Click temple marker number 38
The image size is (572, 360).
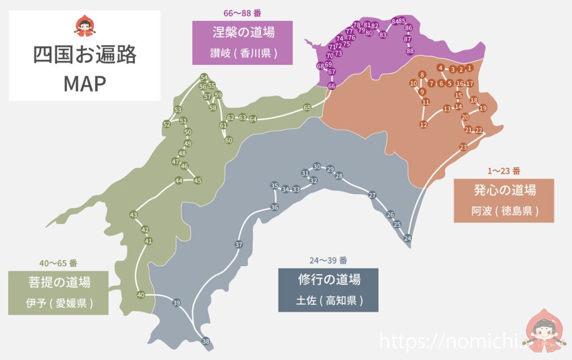(x=206, y=341)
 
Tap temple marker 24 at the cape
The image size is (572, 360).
(x=408, y=238)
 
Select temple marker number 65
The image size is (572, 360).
(x=307, y=108)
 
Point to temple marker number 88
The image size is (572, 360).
(x=410, y=51)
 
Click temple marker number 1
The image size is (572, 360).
(x=470, y=68)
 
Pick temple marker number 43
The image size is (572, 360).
(x=134, y=215)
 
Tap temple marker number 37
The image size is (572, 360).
(x=239, y=244)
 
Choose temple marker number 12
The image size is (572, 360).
(x=423, y=124)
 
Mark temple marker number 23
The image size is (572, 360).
(x=463, y=147)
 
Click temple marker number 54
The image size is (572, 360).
(x=204, y=78)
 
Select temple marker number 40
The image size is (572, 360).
(x=141, y=295)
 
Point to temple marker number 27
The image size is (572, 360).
(x=373, y=195)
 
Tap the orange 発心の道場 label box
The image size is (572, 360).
(x=504, y=200)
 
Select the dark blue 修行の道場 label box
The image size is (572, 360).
(x=328, y=290)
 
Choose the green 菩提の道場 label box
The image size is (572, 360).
(x=58, y=292)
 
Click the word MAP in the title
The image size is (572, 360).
(x=85, y=83)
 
